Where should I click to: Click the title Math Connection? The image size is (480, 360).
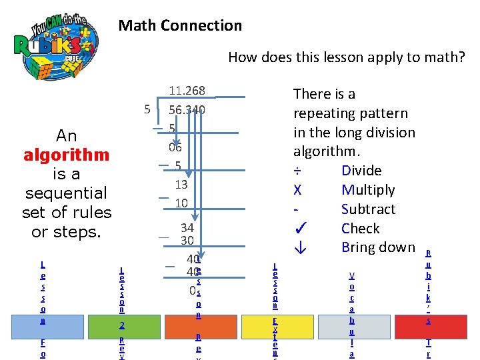pos(180,26)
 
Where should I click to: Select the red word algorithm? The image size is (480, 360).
pos(66,155)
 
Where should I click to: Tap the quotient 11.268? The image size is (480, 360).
pos(187,91)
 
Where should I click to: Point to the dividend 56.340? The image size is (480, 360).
pos(187,109)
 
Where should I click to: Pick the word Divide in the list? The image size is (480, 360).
pos(361,171)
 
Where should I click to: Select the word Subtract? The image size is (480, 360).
pos(368,209)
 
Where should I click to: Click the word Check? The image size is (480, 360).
pos(360,229)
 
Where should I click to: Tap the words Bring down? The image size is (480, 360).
pos(378,247)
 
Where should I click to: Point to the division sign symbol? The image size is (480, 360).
pos(297,171)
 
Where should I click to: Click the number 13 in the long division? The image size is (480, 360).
pos(181,184)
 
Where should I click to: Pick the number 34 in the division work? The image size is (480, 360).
pos(187,228)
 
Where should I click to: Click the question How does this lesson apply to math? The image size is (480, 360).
pos(347,57)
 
